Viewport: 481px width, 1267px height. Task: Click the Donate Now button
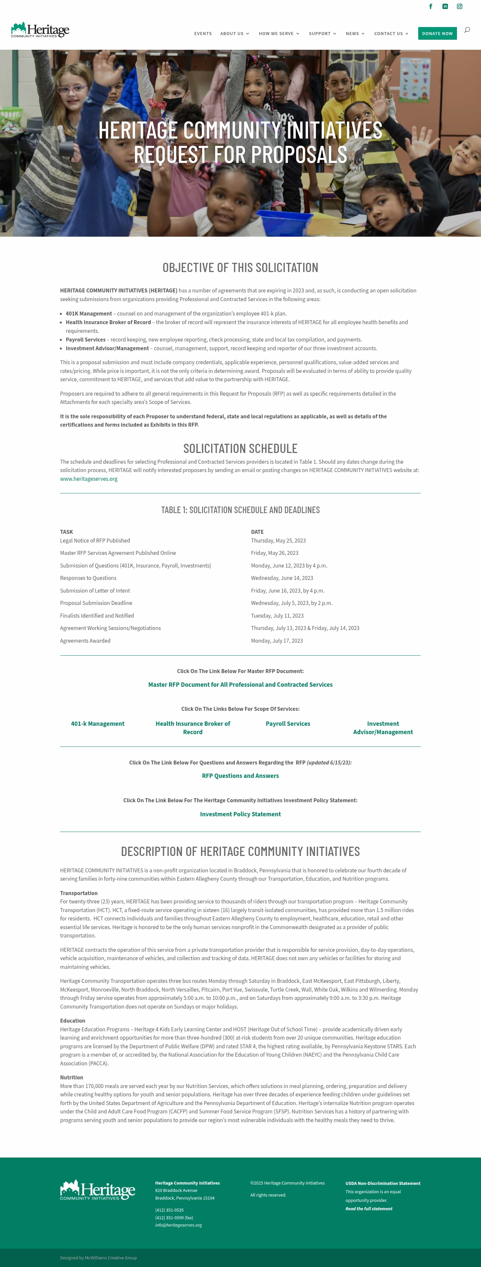click(x=437, y=33)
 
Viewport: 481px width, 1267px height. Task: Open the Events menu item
click(x=203, y=33)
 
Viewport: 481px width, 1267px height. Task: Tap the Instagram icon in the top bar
click(x=459, y=6)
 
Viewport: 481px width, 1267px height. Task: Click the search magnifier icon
click(x=467, y=30)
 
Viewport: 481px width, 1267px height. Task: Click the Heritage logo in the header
click(x=40, y=30)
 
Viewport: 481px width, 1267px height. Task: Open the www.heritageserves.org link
click(x=89, y=478)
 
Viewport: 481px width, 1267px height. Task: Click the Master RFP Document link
click(x=240, y=685)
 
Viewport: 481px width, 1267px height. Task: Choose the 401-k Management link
click(x=98, y=723)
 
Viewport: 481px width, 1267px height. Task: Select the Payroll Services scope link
click(x=288, y=723)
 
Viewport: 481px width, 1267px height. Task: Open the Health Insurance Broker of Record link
click(x=192, y=728)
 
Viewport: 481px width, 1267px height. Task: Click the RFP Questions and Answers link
click(x=240, y=776)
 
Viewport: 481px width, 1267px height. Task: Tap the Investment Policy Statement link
click(x=240, y=814)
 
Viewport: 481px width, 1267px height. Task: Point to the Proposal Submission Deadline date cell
click(x=292, y=603)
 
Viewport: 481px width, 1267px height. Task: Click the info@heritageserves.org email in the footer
click(x=178, y=1225)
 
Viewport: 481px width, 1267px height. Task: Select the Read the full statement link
click(x=369, y=1209)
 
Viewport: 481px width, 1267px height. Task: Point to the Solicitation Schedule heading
click(x=240, y=449)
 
